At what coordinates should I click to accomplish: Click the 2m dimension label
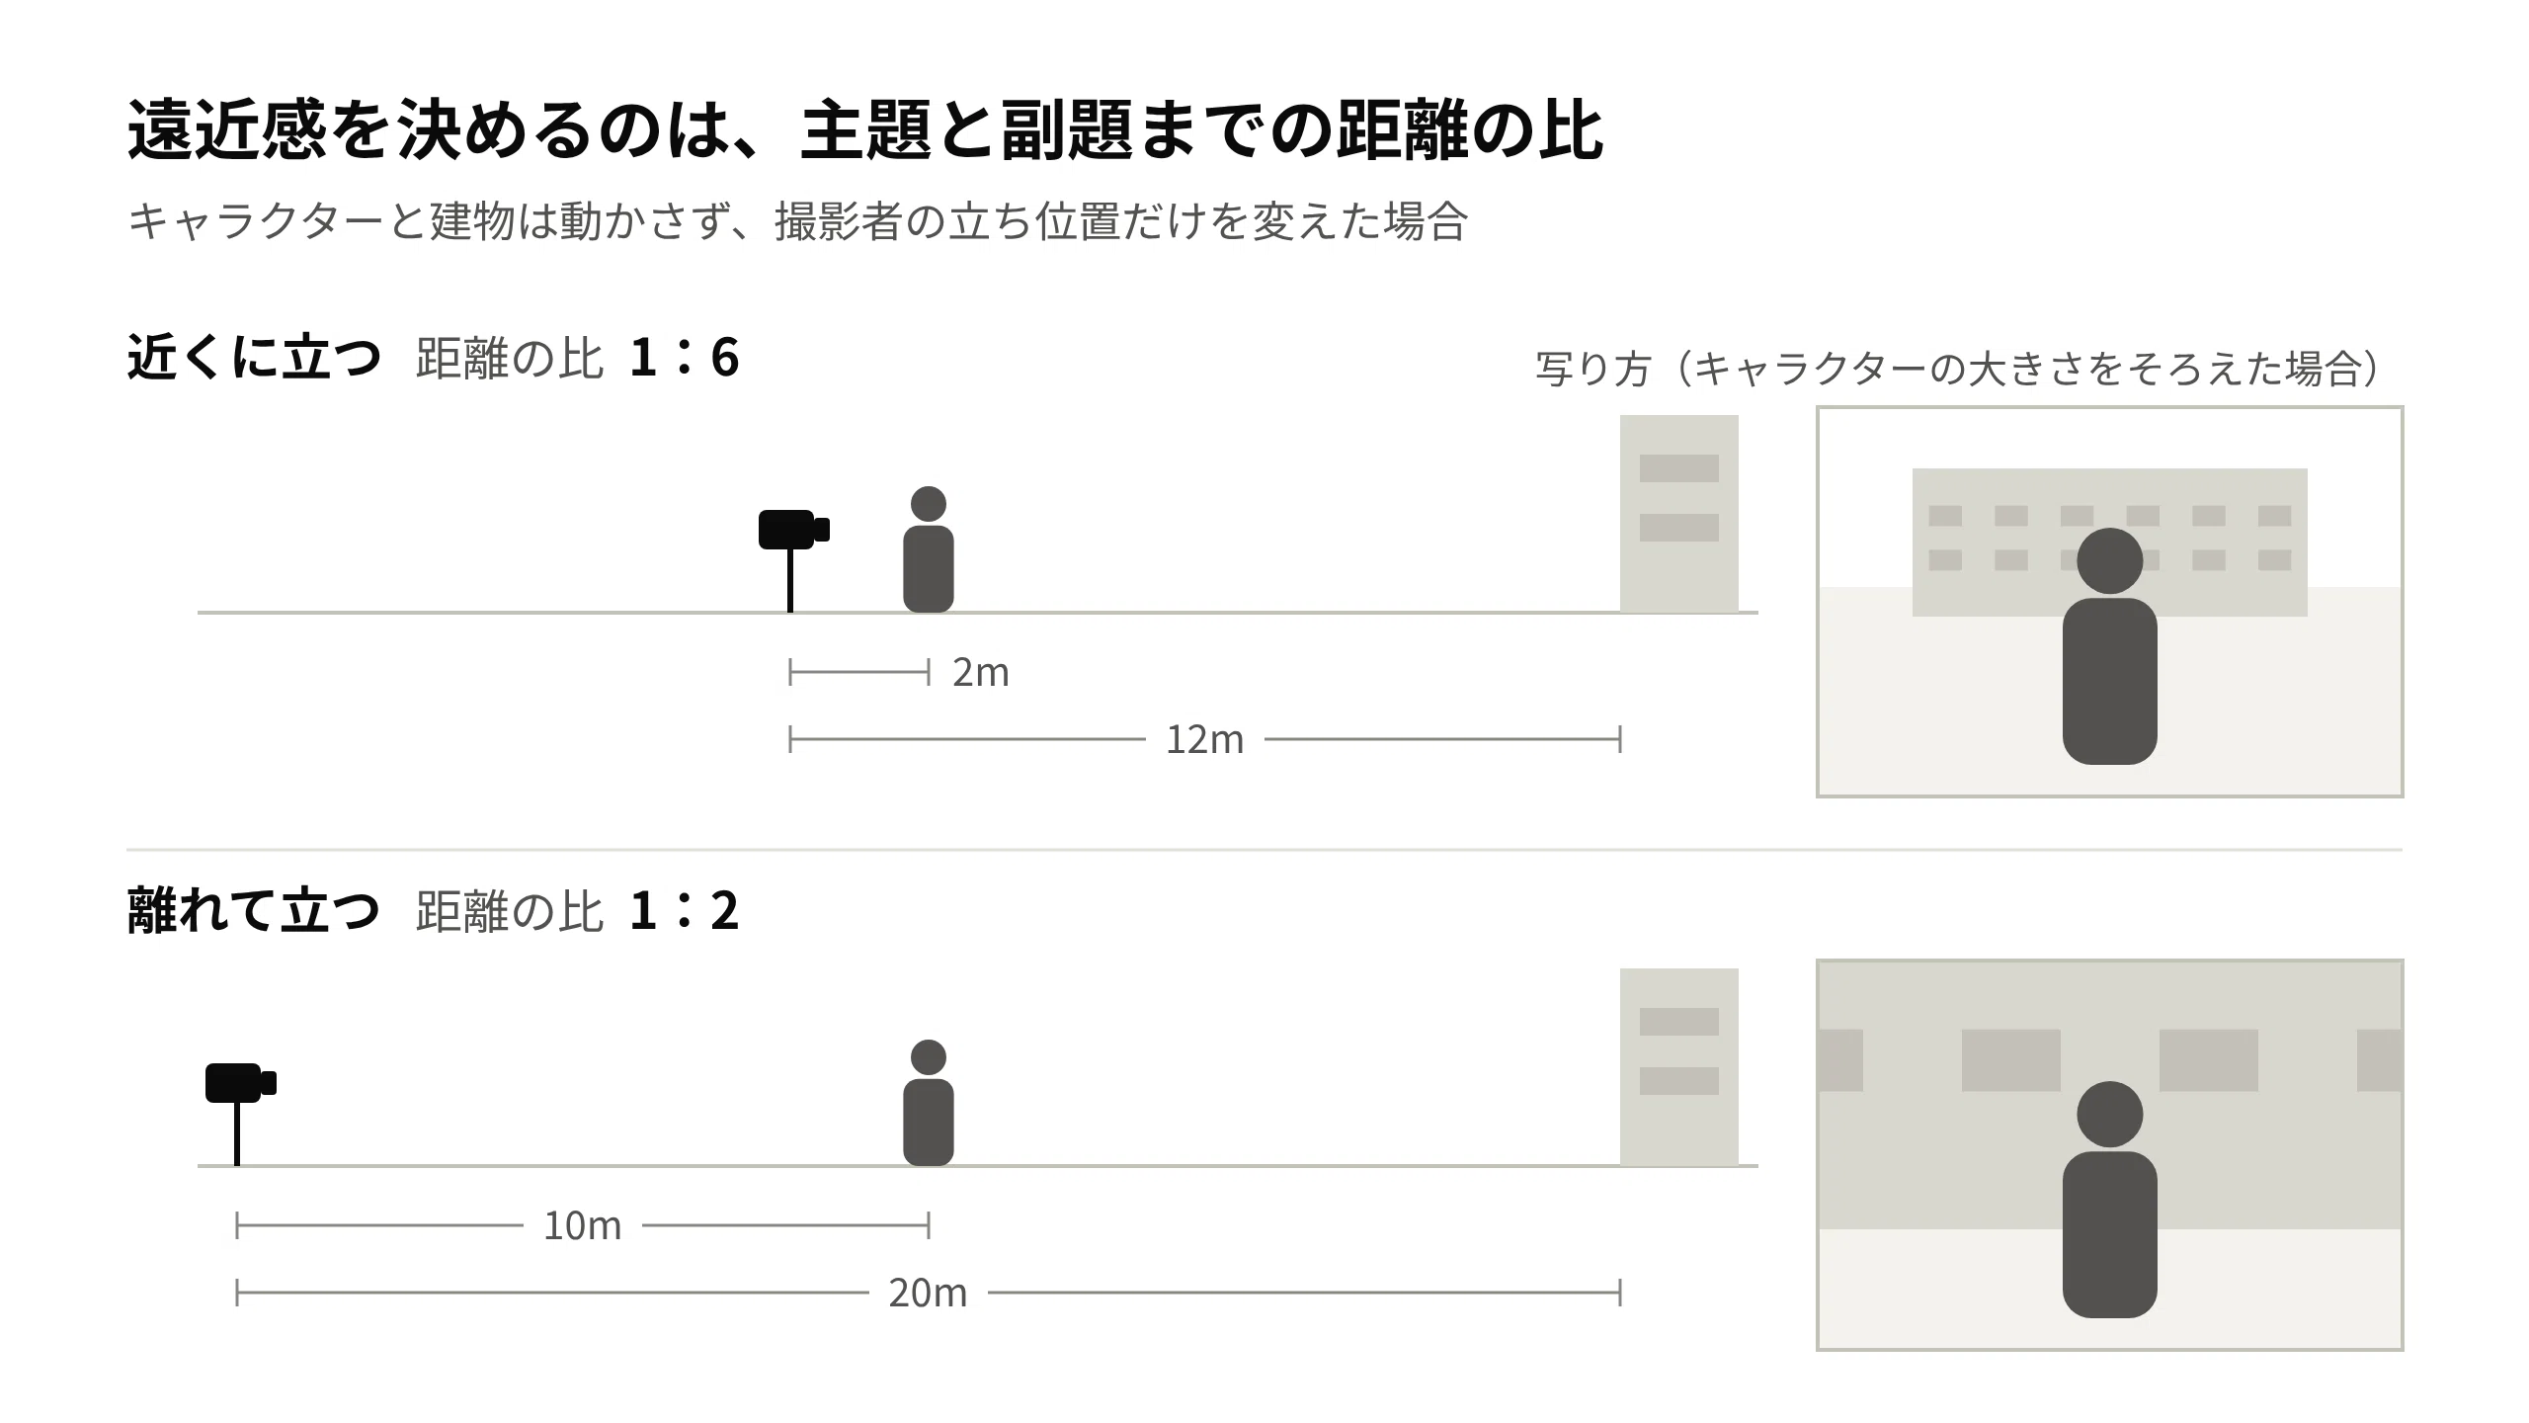pos(980,673)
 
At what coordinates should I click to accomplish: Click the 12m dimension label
pos(1204,740)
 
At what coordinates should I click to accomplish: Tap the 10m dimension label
pos(582,1226)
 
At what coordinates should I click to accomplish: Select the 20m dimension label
pos(928,1294)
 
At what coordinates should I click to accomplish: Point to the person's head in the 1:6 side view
pos(929,504)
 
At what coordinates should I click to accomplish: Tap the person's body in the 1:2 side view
pos(929,1123)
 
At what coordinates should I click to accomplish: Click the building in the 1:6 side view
pos(1679,514)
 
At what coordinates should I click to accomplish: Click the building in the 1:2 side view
pos(1679,1067)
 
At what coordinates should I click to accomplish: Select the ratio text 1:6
pos(685,358)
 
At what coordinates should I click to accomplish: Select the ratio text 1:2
pos(685,911)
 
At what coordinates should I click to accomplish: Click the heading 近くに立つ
pos(254,358)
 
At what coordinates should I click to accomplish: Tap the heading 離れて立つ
pos(254,911)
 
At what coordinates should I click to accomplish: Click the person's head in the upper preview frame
pos(2110,561)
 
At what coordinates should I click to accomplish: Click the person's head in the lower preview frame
pos(2110,1115)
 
